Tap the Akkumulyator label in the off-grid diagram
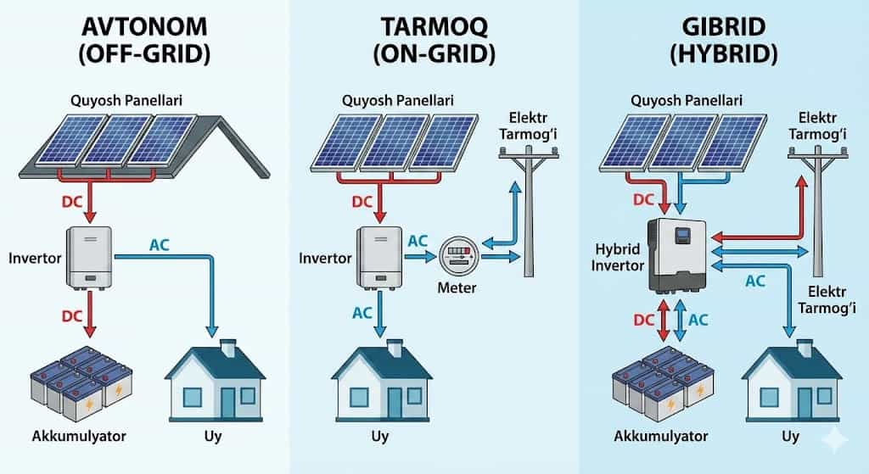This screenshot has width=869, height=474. [77, 437]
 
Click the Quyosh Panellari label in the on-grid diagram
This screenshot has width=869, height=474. [397, 100]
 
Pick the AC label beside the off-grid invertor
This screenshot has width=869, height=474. [160, 245]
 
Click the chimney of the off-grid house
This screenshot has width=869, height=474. [227, 347]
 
